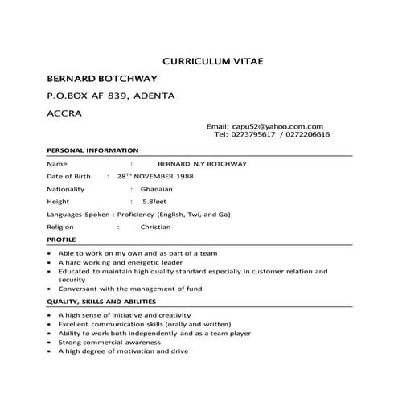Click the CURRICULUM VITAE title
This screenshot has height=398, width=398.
(212, 60)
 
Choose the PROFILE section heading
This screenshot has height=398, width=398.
(61, 240)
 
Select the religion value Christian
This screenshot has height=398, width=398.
(155, 228)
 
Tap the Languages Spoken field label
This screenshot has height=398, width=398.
(80, 215)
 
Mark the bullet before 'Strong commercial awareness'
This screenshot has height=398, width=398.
(51, 342)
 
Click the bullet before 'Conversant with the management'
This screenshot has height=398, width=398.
(51, 288)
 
